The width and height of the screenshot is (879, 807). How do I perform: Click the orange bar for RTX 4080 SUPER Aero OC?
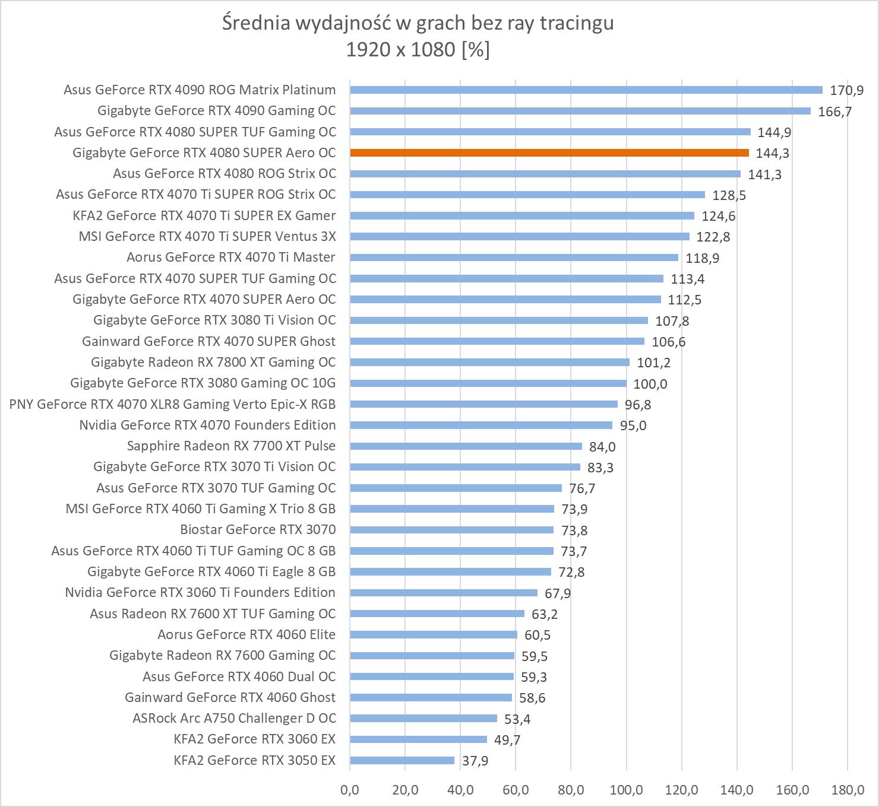[549, 152]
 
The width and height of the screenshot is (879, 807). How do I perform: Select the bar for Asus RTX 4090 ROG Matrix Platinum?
[586, 90]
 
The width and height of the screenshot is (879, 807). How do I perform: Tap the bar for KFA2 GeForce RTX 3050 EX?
[402, 760]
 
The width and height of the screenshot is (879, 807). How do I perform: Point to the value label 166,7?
[834, 111]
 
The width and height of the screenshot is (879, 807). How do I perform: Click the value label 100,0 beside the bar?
[650, 383]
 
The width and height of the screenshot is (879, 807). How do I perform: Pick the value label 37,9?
[475, 761]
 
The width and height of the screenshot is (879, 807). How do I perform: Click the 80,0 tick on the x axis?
[571, 790]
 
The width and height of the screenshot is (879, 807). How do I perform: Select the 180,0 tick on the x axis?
[848, 790]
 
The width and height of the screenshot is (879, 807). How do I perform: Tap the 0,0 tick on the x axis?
[350, 790]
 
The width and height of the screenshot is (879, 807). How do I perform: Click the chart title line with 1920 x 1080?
[418, 50]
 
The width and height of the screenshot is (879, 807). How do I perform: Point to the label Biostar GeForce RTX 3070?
[258, 529]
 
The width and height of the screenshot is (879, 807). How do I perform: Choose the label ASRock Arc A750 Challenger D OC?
[234, 718]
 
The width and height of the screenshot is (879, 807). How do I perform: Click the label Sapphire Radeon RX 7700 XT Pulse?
[231, 446]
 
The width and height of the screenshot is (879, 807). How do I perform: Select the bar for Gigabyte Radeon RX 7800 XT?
[489, 362]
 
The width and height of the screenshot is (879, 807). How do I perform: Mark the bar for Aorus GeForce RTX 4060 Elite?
[434, 634]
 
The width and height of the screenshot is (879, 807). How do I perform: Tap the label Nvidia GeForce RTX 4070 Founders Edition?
[207, 425]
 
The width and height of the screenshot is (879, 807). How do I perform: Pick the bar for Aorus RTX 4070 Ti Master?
[514, 257]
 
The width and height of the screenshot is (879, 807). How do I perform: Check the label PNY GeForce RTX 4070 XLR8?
[172, 404]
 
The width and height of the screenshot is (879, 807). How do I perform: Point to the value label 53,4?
[517, 719]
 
